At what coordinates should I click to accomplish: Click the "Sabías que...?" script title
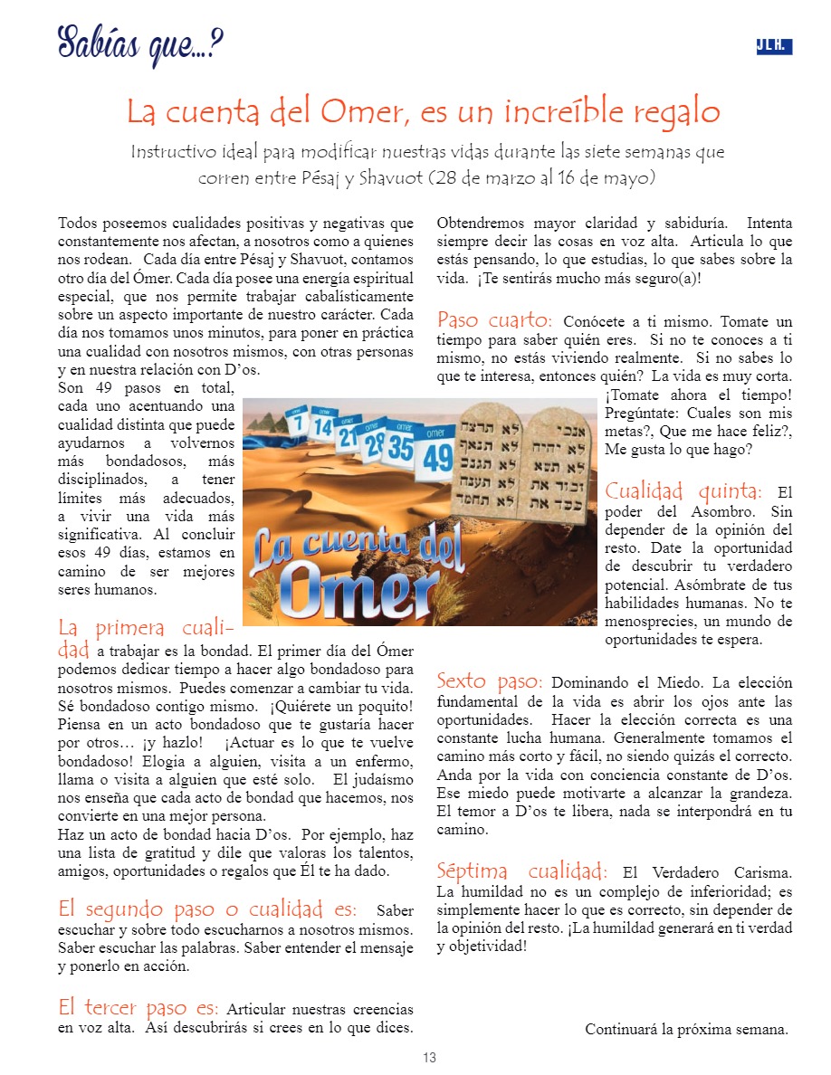[140, 43]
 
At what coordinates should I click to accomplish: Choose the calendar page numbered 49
[438, 454]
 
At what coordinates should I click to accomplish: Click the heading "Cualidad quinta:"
[683, 491]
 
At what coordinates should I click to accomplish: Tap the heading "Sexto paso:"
[490, 680]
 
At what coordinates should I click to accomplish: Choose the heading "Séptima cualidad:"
[521, 871]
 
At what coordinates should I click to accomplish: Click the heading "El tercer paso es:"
[138, 1007]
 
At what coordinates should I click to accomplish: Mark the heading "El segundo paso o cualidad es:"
[207, 909]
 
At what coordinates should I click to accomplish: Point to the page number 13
[429, 1058]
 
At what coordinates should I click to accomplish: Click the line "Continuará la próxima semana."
[686, 1029]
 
